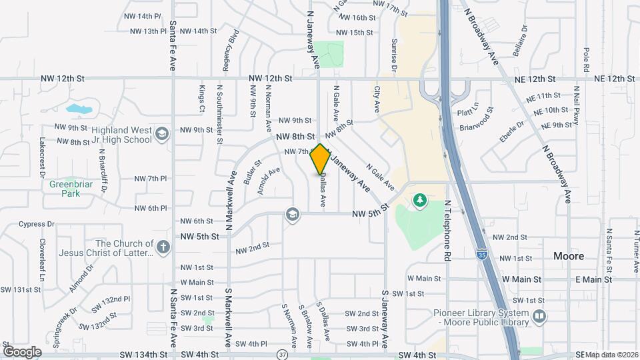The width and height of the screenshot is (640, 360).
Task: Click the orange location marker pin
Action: click(321, 159)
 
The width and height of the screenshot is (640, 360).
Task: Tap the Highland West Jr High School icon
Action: click(161, 135)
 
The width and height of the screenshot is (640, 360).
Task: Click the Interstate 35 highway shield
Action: click(481, 253)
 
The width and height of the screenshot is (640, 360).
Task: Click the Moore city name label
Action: click(569, 256)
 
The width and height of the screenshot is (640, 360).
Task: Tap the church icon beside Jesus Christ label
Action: click(163, 248)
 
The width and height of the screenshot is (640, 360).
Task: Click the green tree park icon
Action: click(420, 199)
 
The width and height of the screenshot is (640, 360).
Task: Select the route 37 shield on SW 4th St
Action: click(283, 353)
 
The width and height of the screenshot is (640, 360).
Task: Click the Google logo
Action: click(22, 351)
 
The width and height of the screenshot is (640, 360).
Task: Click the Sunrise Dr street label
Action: click(393, 55)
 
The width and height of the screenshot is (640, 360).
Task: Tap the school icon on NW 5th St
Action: click(291, 214)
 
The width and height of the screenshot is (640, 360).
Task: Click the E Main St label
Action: click(593, 279)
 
